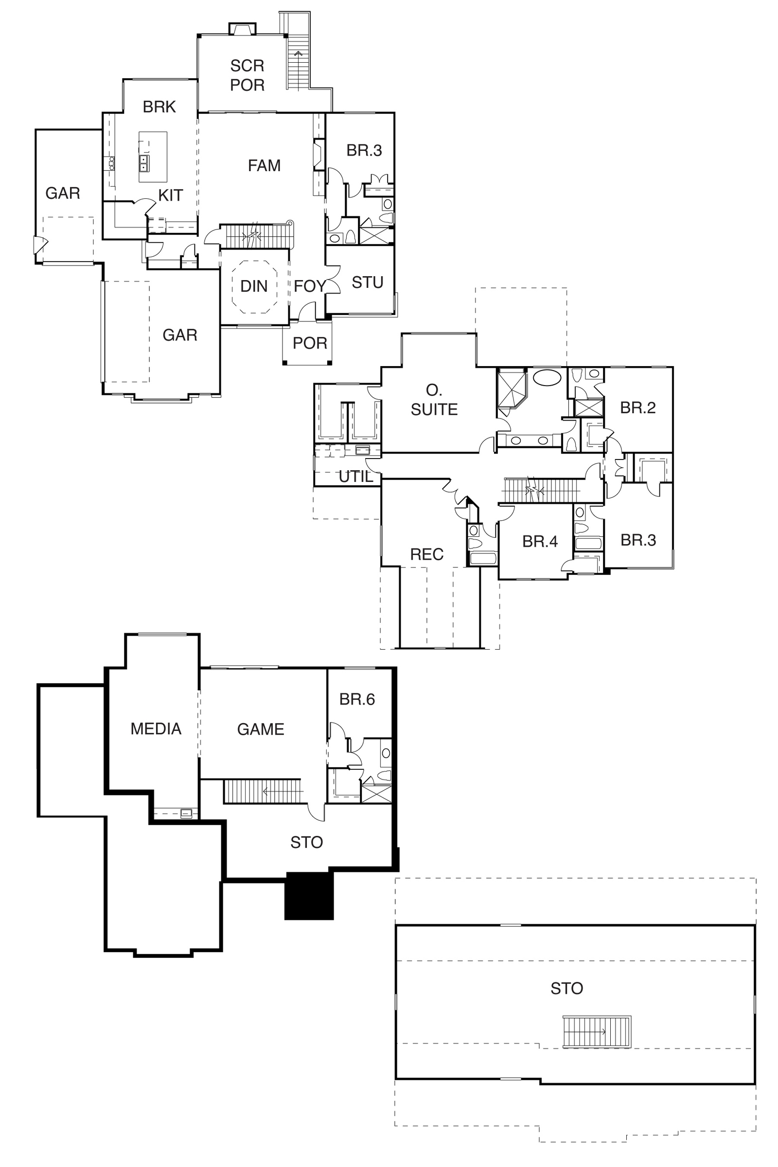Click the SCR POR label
(x=247, y=75)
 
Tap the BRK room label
(x=159, y=106)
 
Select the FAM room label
(x=265, y=165)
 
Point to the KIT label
(x=171, y=195)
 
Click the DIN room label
(x=254, y=286)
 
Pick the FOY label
(x=310, y=286)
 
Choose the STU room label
(x=368, y=283)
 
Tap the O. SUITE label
(x=434, y=400)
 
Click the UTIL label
(x=356, y=477)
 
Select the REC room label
(x=427, y=554)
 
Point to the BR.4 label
(x=540, y=541)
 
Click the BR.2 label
(x=638, y=408)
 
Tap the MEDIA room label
(x=156, y=729)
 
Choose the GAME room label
(x=261, y=729)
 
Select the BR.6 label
(x=357, y=699)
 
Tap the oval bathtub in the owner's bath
(x=548, y=377)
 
